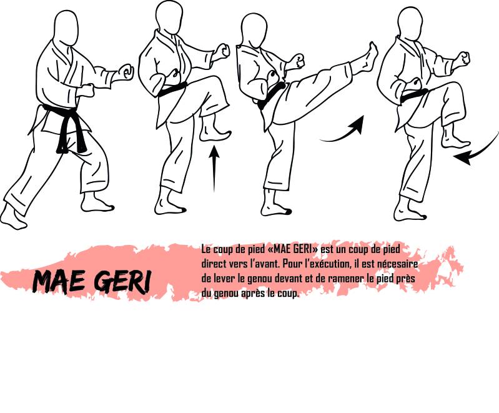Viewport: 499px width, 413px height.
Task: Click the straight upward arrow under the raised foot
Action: click(214, 168)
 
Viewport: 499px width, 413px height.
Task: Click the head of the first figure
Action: click(66, 28)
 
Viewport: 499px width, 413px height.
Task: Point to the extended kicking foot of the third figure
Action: click(367, 58)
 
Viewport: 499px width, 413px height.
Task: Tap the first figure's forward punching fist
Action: click(126, 72)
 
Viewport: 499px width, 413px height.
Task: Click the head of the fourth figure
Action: click(410, 24)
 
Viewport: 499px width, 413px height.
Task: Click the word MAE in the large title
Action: click(58, 282)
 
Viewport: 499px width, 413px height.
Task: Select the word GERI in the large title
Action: click(123, 282)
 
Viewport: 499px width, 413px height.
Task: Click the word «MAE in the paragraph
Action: click(282, 249)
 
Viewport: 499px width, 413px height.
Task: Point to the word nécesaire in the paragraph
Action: click(400, 264)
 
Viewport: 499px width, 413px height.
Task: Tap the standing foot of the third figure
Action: click(275, 207)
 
